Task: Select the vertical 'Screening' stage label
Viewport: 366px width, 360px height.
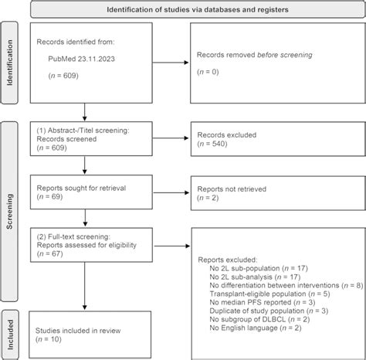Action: pos(10,202)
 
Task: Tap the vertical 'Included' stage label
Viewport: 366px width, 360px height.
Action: pos(10,331)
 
